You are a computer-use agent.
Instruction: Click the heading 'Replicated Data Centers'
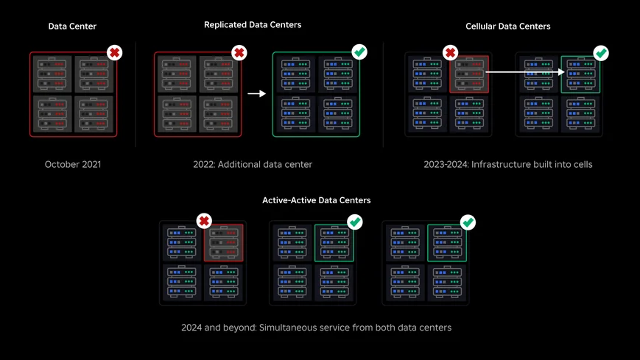click(252, 25)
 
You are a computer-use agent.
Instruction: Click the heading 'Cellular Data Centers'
click(507, 27)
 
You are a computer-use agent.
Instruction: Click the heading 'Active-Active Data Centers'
click(316, 200)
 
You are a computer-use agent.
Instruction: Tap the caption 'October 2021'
click(72, 164)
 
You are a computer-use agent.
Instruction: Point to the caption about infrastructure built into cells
click(507, 164)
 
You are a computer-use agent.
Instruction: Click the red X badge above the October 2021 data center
click(114, 53)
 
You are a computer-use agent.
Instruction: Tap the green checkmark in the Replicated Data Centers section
click(359, 52)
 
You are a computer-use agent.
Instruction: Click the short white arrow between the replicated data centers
click(256, 93)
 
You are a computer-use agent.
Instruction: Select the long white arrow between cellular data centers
click(524, 71)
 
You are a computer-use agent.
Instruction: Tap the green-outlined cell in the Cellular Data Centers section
click(580, 74)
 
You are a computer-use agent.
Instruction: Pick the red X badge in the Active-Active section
click(205, 221)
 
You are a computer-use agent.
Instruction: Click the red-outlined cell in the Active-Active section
click(223, 242)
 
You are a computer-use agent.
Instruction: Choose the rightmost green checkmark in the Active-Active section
click(467, 222)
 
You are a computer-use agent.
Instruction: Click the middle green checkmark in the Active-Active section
click(354, 222)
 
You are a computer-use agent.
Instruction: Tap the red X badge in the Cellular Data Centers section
click(451, 53)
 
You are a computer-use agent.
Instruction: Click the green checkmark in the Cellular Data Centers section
click(601, 53)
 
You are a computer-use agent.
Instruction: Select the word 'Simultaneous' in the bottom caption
click(287, 327)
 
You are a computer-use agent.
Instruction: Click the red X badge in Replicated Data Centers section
click(239, 53)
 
